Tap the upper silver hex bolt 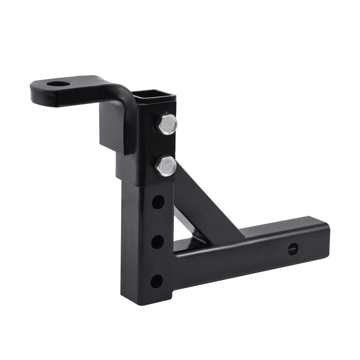pos(167,123)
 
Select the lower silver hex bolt pos(166,165)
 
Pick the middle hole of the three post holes pos(157,242)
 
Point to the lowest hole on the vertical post pos(156,281)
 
